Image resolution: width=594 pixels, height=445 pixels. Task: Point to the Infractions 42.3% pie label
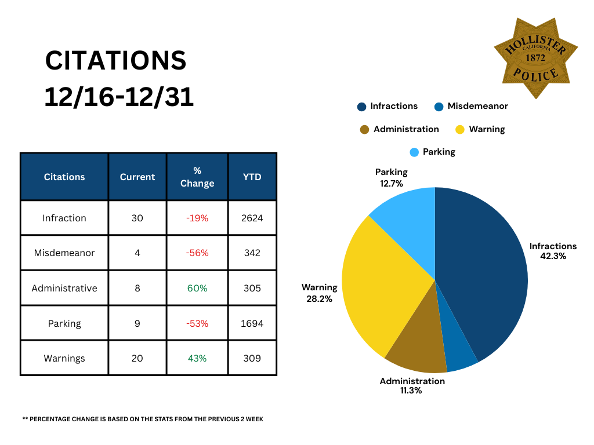[x=553, y=251]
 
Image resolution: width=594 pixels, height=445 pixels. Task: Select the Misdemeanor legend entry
[x=471, y=106]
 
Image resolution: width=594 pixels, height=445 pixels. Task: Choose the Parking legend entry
[x=432, y=152]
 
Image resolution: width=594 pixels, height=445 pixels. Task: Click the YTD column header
[x=252, y=177]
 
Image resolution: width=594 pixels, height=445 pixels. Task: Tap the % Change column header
[x=197, y=177]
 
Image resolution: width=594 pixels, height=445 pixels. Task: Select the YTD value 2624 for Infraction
[x=252, y=218]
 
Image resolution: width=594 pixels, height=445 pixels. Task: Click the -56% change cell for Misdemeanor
[x=197, y=253]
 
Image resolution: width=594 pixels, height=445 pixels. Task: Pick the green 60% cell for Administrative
[x=197, y=288]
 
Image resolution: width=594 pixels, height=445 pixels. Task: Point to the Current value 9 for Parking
[x=137, y=323]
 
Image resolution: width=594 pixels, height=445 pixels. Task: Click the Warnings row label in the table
[x=64, y=358]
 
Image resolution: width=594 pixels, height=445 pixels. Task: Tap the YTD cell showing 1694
[x=252, y=323]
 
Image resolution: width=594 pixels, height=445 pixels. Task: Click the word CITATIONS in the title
[x=116, y=60]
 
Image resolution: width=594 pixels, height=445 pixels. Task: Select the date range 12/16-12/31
[x=119, y=97]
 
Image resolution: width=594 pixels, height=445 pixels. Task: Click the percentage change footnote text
[x=143, y=419]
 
